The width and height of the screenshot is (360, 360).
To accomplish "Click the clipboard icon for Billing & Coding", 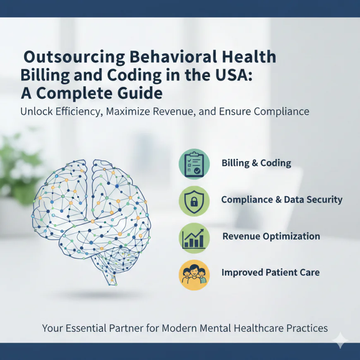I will [x=194, y=163].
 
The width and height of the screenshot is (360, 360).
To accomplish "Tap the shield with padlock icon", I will [x=194, y=200].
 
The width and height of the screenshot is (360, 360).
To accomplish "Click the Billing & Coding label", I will [x=256, y=163].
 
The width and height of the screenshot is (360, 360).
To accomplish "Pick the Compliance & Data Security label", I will [x=281, y=200].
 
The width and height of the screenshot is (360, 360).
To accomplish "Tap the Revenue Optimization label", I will [x=271, y=237].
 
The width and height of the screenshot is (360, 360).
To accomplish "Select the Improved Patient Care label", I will [x=270, y=273].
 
